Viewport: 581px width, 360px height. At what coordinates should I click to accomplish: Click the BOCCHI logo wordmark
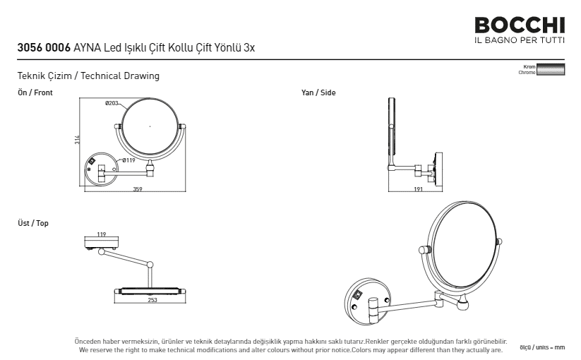point(520,25)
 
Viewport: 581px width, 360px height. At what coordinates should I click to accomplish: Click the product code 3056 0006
point(44,48)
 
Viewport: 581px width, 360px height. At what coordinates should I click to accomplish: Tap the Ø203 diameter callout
point(112,103)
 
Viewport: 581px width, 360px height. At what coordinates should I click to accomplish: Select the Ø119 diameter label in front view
point(129,160)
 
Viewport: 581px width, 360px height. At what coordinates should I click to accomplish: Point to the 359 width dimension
point(138,189)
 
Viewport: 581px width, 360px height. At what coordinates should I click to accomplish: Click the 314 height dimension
point(77,139)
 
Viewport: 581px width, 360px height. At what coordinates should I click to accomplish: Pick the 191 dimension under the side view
point(418,189)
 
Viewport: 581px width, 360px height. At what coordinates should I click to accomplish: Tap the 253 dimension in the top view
point(152,300)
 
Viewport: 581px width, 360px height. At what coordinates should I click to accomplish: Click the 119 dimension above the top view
point(101,234)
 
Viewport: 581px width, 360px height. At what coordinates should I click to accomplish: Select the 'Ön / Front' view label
point(35,92)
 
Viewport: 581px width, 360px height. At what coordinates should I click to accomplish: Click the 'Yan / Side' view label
point(318,92)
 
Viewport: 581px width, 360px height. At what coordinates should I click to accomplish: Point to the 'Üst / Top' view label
point(33,223)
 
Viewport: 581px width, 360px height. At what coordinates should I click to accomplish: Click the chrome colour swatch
point(551,70)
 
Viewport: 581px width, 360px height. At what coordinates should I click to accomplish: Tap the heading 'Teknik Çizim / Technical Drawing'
point(88,76)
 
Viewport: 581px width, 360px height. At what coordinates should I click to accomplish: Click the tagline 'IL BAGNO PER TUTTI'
point(520,40)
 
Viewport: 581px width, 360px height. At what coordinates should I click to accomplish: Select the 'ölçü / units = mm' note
point(542,347)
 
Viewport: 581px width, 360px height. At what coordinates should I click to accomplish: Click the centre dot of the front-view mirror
point(150,126)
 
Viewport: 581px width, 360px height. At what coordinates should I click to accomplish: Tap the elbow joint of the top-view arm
point(150,265)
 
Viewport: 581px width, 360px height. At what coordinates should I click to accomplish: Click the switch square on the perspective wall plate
point(359,296)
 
